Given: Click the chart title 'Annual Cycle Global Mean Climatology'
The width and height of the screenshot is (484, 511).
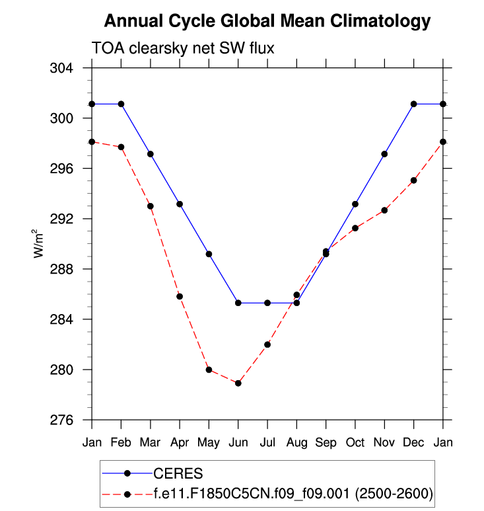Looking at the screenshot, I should [267, 21].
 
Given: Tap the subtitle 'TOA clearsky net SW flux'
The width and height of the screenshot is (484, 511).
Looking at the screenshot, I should [182, 48].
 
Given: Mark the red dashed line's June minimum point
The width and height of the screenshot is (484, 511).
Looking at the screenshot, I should [238, 383].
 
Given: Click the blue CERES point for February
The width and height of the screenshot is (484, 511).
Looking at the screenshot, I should [121, 104].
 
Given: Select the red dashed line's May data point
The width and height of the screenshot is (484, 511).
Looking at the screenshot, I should [209, 370].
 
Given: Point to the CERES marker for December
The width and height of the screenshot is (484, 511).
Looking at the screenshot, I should [413, 104].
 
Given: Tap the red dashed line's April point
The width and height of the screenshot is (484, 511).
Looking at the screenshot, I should [180, 296].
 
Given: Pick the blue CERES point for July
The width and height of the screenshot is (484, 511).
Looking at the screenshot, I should [267, 303].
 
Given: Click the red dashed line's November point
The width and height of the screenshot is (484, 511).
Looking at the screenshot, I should [384, 210].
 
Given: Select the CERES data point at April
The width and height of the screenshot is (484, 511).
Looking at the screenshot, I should [180, 204].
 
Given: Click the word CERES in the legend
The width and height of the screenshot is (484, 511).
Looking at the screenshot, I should [178, 473].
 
